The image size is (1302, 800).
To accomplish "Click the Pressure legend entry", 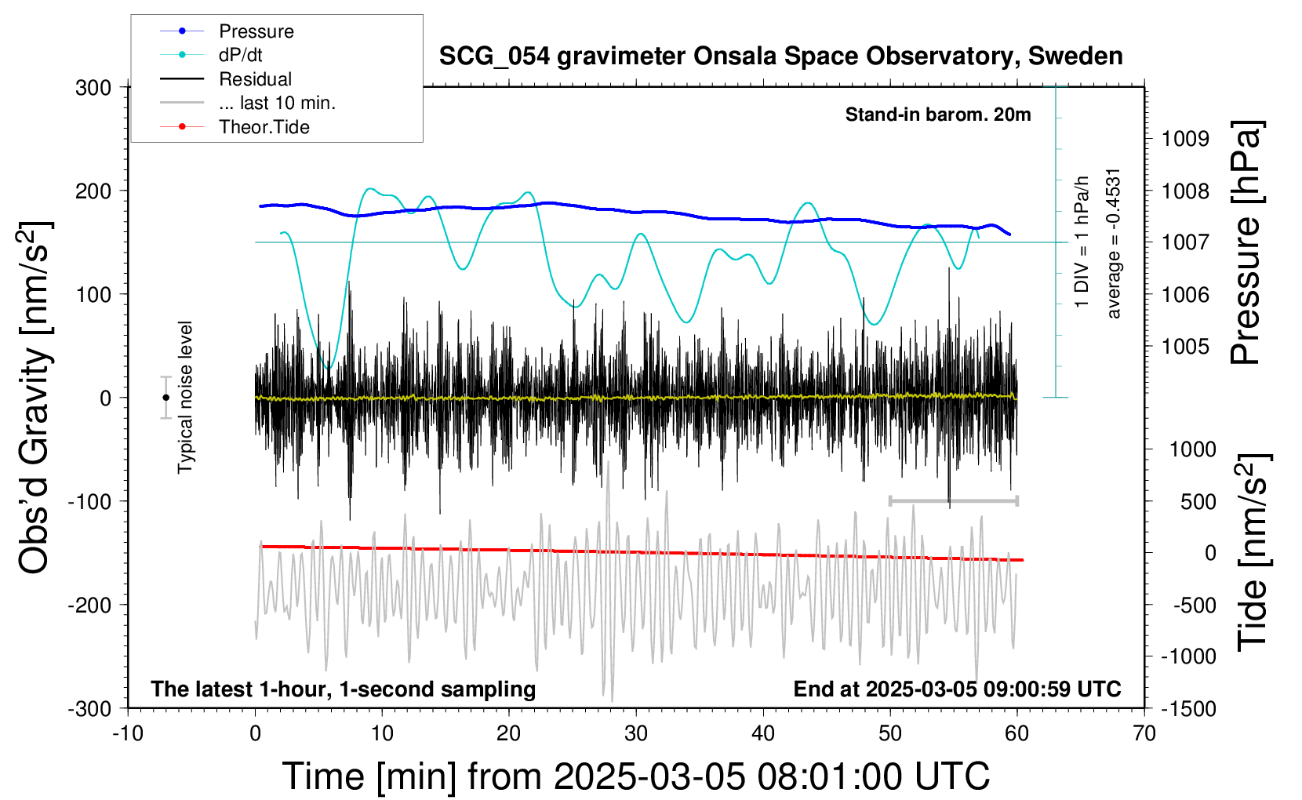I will [256, 31].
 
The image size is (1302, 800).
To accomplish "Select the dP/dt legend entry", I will [240, 55].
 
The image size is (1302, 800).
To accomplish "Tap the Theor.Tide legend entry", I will [264, 127].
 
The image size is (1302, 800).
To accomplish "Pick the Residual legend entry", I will [255, 79].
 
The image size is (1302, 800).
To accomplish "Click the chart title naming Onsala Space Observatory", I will [780, 56].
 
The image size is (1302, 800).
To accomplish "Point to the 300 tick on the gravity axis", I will [93, 87].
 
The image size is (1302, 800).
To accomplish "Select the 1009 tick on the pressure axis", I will [1185, 139].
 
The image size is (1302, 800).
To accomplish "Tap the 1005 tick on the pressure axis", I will [1185, 346].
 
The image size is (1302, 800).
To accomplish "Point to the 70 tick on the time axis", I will [1144, 733].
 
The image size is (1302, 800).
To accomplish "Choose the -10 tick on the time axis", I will [128, 733].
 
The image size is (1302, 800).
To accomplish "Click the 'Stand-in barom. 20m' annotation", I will [938, 115].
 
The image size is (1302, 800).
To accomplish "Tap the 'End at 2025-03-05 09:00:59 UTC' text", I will [957, 689].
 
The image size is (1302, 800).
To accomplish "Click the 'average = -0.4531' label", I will [1114, 243].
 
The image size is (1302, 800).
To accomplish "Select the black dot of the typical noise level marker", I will [165, 398].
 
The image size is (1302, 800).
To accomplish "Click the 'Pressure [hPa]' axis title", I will [1246, 243].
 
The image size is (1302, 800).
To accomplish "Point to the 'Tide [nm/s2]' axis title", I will [1252, 553].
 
